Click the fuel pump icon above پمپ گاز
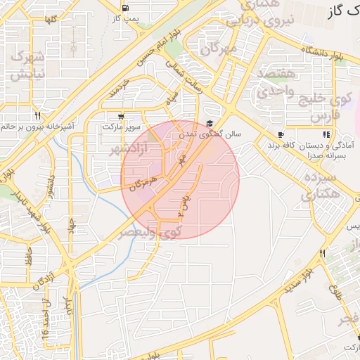[x=125, y=8]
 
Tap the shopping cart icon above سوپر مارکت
[x=122, y=117]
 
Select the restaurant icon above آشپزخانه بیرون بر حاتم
[x=37, y=116]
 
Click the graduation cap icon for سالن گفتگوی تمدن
[x=210, y=123]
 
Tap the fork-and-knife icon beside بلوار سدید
[x=322, y=253]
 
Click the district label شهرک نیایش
[x=29, y=65]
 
